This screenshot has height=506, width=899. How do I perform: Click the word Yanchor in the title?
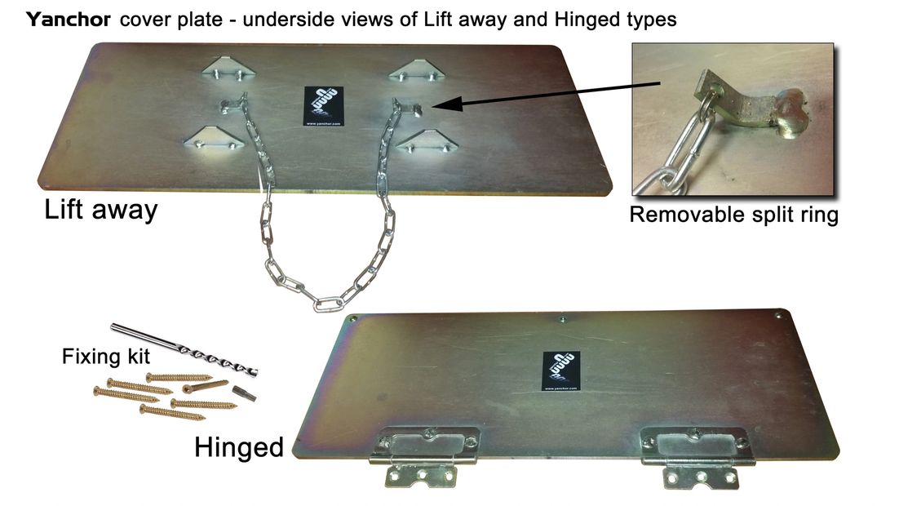69,20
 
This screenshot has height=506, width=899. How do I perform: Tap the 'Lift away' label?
100,211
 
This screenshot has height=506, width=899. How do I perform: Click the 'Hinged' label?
238,446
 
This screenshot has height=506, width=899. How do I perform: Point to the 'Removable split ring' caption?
733,216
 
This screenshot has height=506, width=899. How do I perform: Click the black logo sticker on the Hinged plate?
560,371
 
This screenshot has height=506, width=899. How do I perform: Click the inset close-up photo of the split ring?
733,119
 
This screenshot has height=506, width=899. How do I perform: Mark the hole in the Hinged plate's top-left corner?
352,319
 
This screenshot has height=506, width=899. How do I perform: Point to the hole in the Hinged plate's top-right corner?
778,313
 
